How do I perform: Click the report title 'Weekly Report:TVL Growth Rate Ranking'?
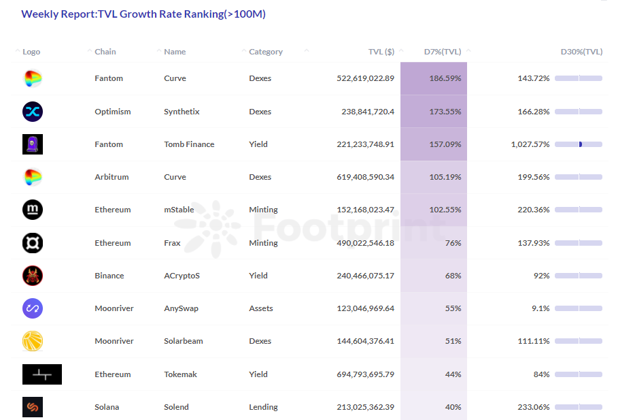(143, 14)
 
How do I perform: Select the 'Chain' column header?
(105, 52)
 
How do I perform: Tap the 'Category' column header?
(266, 52)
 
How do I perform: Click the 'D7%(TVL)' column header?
(443, 52)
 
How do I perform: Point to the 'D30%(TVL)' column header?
(581, 52)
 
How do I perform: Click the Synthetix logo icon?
(33, 112)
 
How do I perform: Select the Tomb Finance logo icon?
(33, 144)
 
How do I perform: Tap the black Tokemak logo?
(42, 374)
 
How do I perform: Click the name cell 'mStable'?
(179, 210)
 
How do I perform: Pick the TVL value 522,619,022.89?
(365, 78)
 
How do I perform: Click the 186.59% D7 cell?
(445, 78)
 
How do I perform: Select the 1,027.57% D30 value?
(530, 144)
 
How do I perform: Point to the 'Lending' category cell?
(263, 407)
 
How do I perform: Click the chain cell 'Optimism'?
(113, 112)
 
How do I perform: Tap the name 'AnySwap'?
(181, 308)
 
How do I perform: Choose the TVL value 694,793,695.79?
(365, 374)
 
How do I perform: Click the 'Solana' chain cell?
(107, 407)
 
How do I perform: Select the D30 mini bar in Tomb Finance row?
(579, 144)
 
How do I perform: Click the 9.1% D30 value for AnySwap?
(540, 308)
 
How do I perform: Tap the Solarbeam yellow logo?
(33, 341)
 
